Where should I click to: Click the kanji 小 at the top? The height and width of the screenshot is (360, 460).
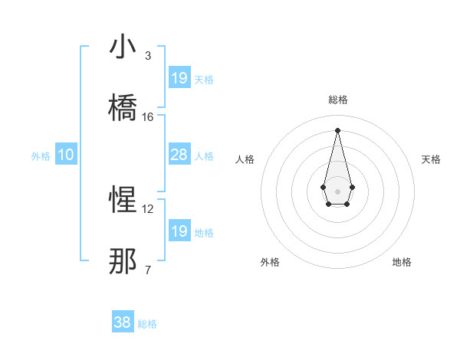[x=123, y=47]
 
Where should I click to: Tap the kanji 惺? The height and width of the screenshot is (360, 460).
[x=123, y=201]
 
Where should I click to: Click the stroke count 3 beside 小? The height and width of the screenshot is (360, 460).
[x=147, y=56]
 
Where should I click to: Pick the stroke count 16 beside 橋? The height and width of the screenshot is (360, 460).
[x=148, y=116]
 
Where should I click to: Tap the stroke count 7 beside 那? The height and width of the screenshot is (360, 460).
[x=147, y=270]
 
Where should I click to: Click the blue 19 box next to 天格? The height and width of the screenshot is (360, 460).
[x=179, y=77]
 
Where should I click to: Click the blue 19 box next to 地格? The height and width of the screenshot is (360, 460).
[x=179, y=231]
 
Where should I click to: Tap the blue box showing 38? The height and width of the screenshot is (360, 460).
[x=123, y=322]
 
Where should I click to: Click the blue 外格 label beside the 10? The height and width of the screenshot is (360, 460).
[x=41, y=156]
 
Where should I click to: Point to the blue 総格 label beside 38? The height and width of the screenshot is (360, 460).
[x=147, y=324]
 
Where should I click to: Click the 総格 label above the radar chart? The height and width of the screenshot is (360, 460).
[x=337, y=100]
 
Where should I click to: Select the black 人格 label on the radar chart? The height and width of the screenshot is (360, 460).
[x=245, y=159]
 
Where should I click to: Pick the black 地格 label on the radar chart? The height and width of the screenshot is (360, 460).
[x=402, y=262]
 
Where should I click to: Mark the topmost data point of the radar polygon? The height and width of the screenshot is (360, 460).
[x=337, y=130]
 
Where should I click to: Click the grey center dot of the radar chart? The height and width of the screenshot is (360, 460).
[x=337, y=190]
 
